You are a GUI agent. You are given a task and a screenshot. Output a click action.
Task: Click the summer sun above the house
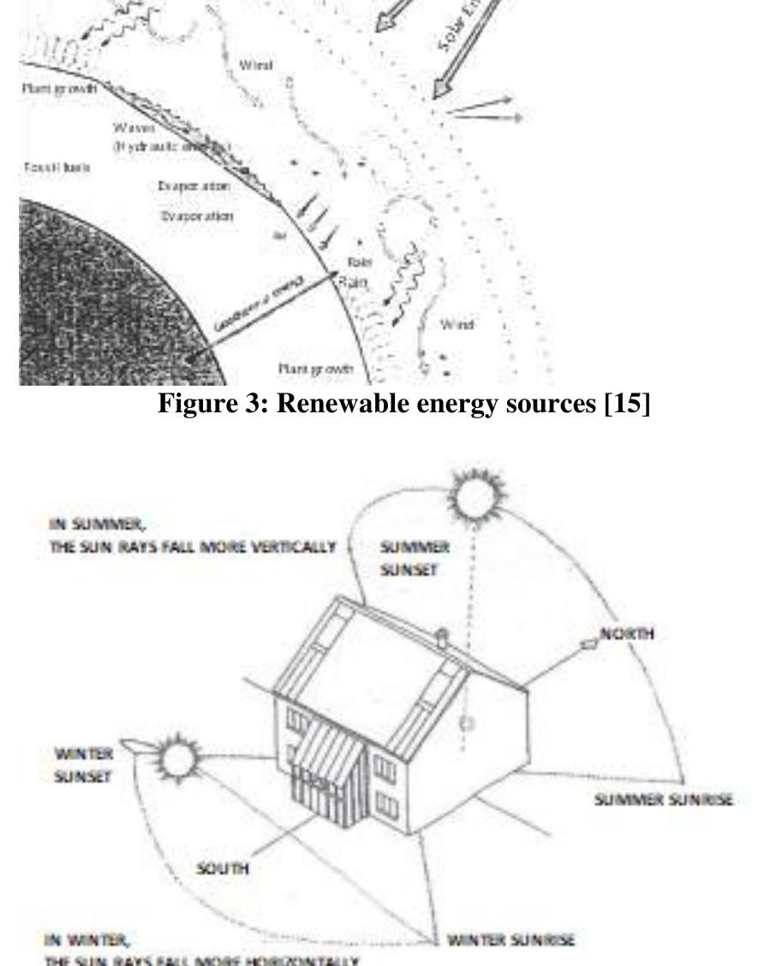click(468, 496)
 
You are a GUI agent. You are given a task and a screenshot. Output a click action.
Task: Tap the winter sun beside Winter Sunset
click(176, 758)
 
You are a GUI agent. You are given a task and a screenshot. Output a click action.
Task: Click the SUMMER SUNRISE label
click(664, 799)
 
